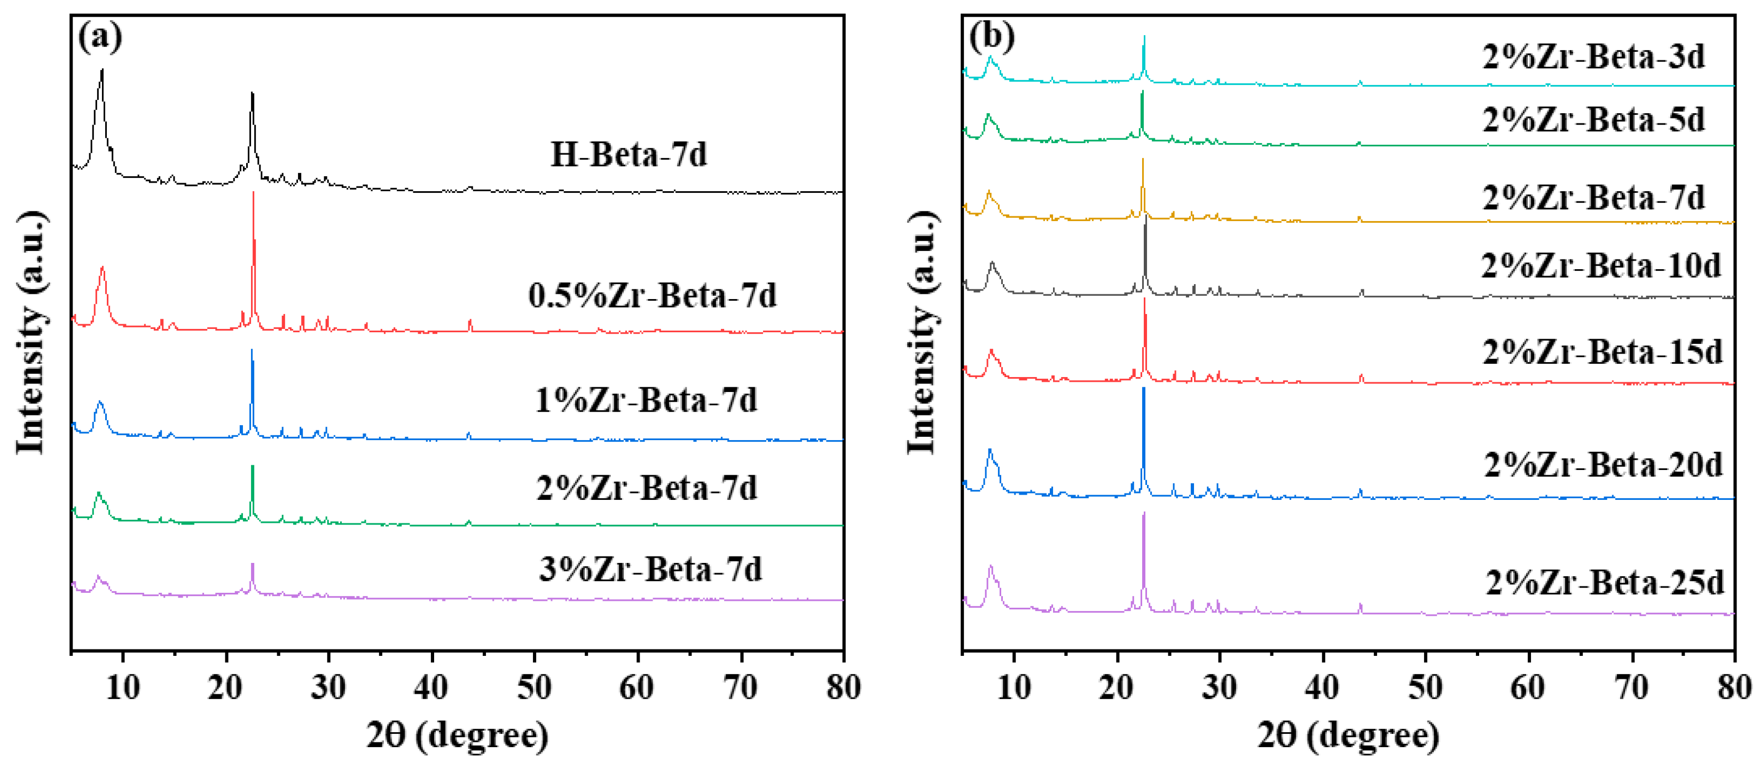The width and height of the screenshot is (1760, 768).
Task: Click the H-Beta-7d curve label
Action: [x=628, y=154]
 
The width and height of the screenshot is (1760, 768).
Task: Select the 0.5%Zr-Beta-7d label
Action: [x=653, y=296]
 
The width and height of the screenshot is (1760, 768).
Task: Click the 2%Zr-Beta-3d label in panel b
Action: [x=1593, y=56]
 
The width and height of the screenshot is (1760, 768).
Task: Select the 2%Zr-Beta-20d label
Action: [x=1604, y=465]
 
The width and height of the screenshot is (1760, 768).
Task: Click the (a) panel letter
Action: [x=100, y=37]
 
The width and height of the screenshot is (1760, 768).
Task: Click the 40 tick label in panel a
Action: [x=431, y=687]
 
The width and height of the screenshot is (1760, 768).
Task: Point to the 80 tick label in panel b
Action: [x=1733, y=687]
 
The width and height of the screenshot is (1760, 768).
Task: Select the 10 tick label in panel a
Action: [x=123, y=687]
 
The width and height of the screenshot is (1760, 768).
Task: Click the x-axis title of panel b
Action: [x=1348, y=736]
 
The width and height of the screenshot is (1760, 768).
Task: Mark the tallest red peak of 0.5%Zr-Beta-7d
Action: [x=254, y=195]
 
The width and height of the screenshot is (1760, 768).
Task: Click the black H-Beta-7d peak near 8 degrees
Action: [x=102, y=71]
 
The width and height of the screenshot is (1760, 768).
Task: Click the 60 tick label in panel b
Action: [x=1528, y=687]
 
